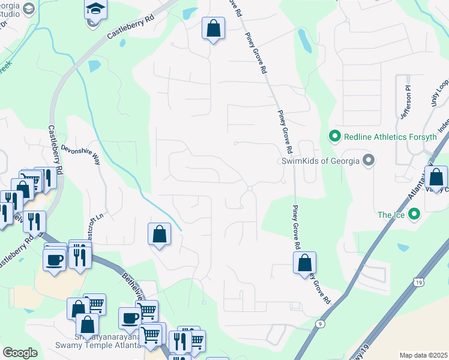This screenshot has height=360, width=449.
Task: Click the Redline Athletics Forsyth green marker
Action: (x=335, y=137)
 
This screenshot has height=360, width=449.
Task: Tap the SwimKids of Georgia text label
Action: (x=321, y=161)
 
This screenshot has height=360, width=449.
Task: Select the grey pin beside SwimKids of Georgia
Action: (x=369, y=161)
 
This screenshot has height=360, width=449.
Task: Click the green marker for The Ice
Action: (x=414, y=214)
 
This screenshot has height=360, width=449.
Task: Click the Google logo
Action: (x=20, y=352)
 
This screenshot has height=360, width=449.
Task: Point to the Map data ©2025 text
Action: (x=423, y=355)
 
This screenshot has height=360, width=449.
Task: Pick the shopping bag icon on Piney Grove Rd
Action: (x=305, y=263)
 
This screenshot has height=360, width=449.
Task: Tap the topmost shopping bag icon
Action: (x=213, y=28)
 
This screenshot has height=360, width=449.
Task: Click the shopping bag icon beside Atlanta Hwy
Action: (x=436, y=177)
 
